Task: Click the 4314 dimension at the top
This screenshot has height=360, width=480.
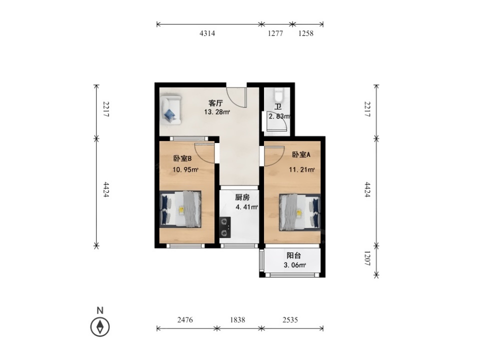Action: [x=207, y=33]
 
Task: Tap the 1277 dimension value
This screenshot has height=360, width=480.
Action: [x=275, y=33]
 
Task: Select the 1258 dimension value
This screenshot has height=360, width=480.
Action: [x=306, y=33]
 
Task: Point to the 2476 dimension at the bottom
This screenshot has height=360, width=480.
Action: [x=185, y=320]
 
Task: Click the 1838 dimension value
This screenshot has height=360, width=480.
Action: [x=237, y=320]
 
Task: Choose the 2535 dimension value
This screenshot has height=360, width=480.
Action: [x=290, y=320]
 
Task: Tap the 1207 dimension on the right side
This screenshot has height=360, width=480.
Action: [x=367, y=258]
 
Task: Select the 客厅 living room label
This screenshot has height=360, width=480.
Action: [x=215, y=103]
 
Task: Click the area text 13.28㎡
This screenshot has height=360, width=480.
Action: [x=217, y=112]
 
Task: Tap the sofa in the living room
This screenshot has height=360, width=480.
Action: [x=170, y=110]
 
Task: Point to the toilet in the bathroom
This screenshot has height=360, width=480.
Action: [x=278, y=95]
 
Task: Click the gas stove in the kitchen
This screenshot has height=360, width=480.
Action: [x=225, y=227]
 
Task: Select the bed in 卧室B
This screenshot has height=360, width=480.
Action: [x=180, y=209]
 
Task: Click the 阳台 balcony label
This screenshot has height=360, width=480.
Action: [x=293, y=255]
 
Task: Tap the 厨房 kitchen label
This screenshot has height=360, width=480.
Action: [x=242, y=197]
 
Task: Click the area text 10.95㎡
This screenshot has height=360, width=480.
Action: [x=185, y=169]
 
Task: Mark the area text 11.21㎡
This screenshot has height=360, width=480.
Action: [x=302, y=169]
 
